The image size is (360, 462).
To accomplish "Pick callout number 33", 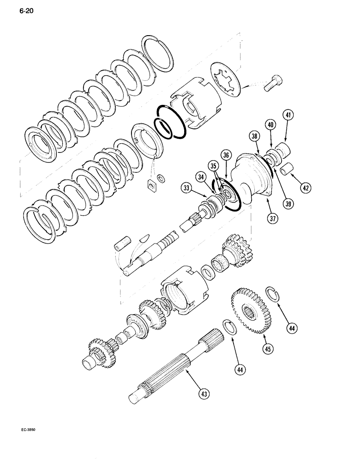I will [x=186, y=188].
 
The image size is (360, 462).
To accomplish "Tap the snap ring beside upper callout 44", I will [x=273, y=294].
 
